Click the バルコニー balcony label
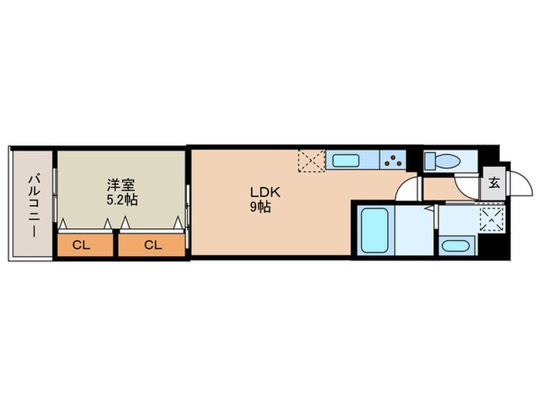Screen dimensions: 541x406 tap(33, 206)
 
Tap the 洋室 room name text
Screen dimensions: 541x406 tap(121, 185)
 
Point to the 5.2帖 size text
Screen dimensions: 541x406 tap(122, 200)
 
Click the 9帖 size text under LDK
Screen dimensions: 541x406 tap(260, 206)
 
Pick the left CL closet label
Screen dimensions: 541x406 tap(81, 245)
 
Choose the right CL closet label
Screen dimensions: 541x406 tap(153, 245)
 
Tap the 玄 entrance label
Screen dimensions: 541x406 tap(494, 183)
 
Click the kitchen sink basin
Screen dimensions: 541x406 tap(345, 161)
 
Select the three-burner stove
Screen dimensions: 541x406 tap(393, 159)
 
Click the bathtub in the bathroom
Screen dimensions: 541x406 tap(375, 230)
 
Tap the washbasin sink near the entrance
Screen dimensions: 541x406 tap(456, 247)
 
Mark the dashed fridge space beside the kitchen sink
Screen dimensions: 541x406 tap(312, 161)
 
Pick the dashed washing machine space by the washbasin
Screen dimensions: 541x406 tap(492, 220)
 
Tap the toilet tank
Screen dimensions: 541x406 tap(430, 161)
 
